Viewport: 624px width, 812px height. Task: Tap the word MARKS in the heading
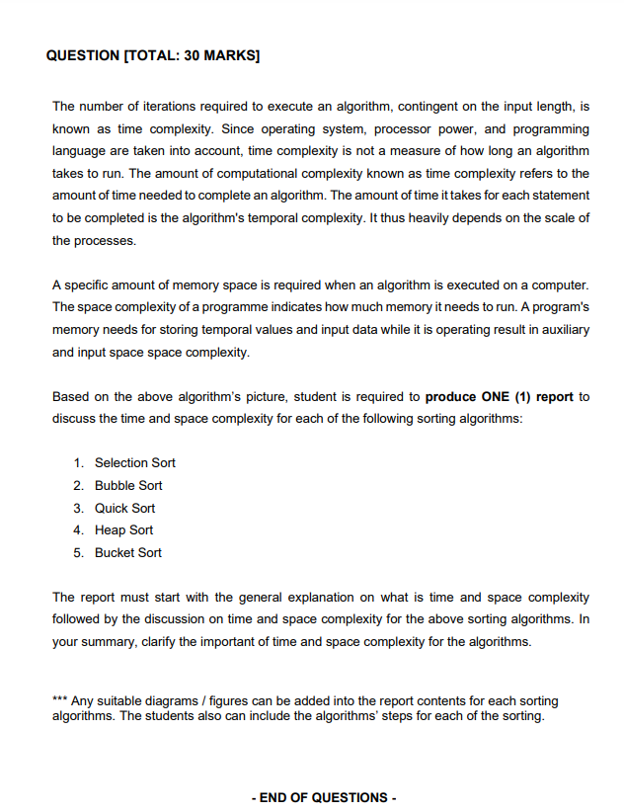pos(231,55)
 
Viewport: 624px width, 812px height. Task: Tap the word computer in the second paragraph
pos(559,285)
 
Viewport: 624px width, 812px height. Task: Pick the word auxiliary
pos(562,330)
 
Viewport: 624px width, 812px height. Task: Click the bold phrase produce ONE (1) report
pos(499,397)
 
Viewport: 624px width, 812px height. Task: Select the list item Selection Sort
pos(135,463)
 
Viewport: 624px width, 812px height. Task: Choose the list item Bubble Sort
pos(128,486)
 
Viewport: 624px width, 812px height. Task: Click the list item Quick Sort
pos(124,508)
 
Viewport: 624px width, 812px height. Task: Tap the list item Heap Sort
pos(123,530)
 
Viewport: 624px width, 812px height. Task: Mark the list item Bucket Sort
pos(128,553)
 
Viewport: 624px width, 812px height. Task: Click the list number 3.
pos(78,508)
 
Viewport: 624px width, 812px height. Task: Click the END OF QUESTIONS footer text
pos(324,797)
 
